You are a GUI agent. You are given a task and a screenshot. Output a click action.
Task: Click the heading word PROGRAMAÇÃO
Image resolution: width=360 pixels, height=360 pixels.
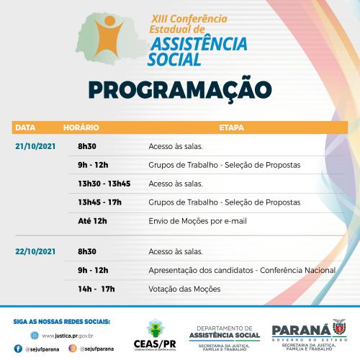(x=180, y=89)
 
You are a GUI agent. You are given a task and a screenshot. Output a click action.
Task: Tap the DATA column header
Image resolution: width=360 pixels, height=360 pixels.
(x=25, y=127)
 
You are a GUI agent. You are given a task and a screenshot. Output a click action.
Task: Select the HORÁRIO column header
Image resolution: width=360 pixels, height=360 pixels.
(x=81, y=127)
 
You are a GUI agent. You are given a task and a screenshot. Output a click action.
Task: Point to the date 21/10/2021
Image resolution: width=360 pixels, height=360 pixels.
(x=35, y=145)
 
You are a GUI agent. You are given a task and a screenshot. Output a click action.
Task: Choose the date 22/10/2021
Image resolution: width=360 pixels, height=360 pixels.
(x=35, y=252)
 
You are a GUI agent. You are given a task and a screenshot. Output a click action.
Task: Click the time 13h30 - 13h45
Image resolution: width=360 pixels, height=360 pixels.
(x=104, y=184)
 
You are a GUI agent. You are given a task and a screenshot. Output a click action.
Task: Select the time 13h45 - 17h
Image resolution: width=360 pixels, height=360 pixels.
(x=99, y=202)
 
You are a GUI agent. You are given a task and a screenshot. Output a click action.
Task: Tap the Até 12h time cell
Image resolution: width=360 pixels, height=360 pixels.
(x=92, y=221)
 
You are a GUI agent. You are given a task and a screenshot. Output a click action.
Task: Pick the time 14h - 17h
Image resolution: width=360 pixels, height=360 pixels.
(x=96, y=289)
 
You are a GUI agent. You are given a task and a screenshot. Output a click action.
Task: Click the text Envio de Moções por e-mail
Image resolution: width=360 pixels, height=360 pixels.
(x=197, y=221)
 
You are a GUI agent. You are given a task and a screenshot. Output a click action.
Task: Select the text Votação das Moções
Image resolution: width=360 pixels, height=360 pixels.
(x=184, y=289)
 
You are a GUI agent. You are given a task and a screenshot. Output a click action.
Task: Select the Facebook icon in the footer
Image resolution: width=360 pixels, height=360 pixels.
(x=19, y=347)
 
